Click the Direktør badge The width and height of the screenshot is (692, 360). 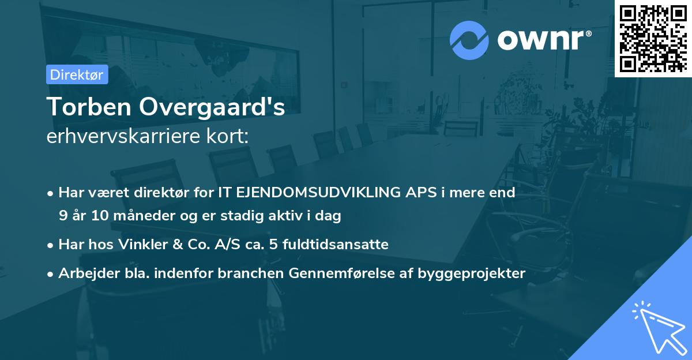point(77,74)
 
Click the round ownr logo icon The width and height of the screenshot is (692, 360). point(469,40)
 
